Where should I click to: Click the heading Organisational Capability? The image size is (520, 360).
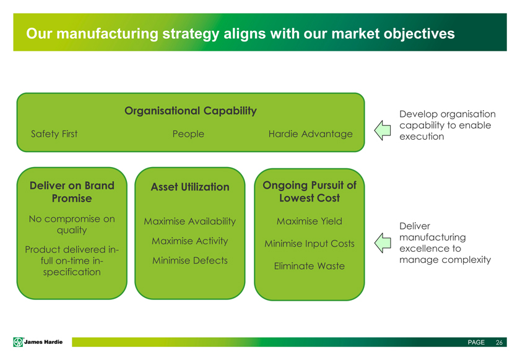coord(190,111)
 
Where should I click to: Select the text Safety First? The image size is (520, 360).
coord(54,134)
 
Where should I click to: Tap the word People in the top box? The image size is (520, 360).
coord(188,134)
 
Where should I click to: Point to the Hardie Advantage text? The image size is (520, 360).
coord(310,134)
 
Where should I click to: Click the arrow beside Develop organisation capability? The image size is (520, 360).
coord(383,129)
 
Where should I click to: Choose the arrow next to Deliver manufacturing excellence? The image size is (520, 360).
coord(383,242)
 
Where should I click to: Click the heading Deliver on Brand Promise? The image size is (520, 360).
coord(72,192)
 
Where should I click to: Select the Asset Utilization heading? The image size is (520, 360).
coord(189,187)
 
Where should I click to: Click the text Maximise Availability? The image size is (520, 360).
coord(189,222)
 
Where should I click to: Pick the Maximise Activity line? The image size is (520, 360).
coord(189,241)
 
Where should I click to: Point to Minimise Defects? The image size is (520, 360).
coord(189,260)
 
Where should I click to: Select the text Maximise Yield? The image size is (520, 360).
coord(309,221)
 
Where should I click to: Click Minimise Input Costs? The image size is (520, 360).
coord(309,244)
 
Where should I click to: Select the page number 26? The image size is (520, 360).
coord(498,343)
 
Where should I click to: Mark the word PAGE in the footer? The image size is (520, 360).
coord(476,343)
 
